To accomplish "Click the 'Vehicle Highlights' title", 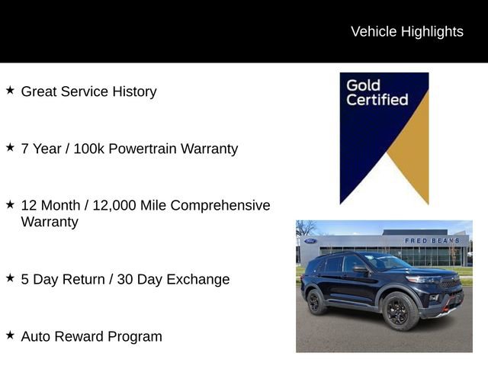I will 406,31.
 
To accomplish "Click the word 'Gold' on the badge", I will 364,85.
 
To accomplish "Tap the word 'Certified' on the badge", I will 377,100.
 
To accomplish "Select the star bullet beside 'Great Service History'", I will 10,90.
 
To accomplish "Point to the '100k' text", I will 88,149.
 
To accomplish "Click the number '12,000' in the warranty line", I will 114,206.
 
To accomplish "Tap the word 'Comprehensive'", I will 220,206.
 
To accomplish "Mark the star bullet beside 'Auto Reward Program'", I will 10,335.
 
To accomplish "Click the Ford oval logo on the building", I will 310,241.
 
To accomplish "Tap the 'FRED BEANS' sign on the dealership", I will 432,240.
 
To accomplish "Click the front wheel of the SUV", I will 399,310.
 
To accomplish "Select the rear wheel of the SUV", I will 316,301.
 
